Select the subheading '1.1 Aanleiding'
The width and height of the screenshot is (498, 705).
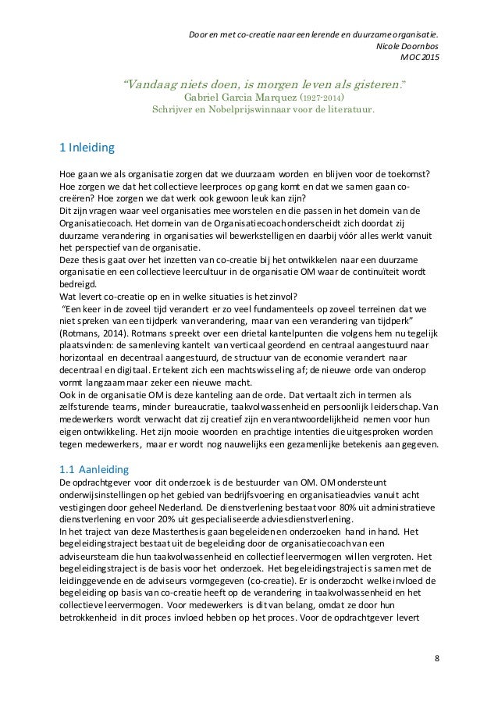click(93, 469)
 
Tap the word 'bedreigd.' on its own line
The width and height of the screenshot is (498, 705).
click(79, 287)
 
